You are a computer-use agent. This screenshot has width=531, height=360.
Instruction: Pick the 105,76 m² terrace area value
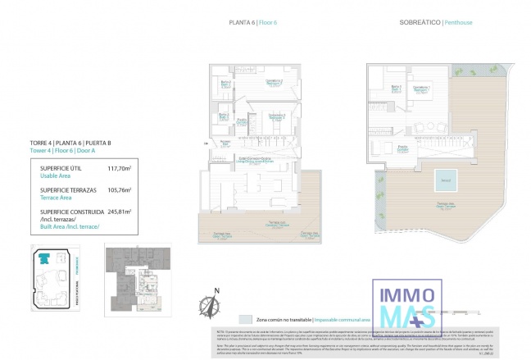[119, 190]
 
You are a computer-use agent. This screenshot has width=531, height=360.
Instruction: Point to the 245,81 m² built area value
[119, 211]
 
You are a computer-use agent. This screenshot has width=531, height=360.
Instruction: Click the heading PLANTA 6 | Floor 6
[256, 23]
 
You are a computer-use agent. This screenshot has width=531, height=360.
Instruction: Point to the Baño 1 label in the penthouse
[396, 89]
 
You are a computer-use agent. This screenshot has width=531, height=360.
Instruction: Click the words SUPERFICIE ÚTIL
[60, 168]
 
